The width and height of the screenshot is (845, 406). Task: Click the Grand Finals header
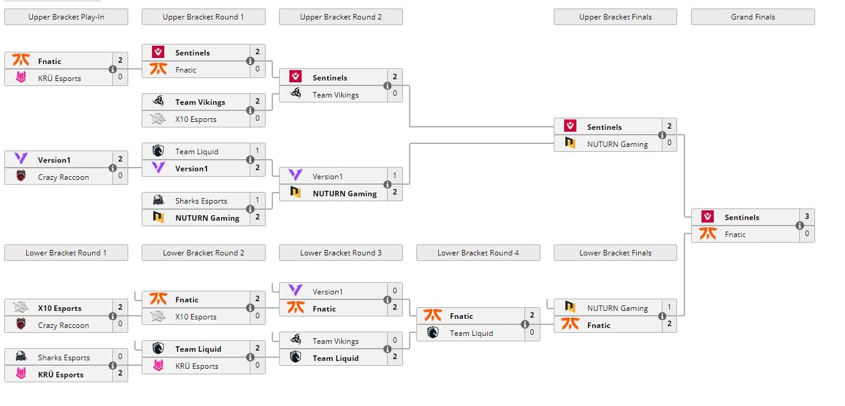(x=752, y=17)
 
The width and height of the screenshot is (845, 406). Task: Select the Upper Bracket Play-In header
(x=66, y=17)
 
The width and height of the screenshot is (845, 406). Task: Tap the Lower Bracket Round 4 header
(x=478, y=253)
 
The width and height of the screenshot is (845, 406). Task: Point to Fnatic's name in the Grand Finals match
(x=735, y=235)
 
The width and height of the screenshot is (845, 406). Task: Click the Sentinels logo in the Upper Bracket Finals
(x=570, y=126)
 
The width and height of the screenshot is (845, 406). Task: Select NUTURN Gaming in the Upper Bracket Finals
(x=617, y=144)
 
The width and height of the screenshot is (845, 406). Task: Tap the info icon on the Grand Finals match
(x=800, y=226)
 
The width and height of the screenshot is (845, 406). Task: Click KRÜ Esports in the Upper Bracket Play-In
(x=59, y=79)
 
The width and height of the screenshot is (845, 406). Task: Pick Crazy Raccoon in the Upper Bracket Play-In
(x=63, y=177)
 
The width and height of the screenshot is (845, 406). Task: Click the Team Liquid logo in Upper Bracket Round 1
(x=158, y=151)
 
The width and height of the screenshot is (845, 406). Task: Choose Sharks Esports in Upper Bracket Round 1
(x=201, y=201)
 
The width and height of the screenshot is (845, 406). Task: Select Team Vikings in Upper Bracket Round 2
(x=335, y=95)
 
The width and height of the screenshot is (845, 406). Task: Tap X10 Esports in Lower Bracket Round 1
(x=59, y=308)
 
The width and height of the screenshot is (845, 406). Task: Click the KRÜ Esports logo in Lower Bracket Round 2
(x=158, y=366)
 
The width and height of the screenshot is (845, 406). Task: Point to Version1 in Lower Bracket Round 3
(x=327, y=292)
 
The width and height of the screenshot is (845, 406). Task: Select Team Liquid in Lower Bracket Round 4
(x=471, y=333)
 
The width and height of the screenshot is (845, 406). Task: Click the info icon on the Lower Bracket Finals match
(x=662, y=316)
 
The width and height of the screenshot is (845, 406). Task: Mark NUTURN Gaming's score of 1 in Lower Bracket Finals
(x=669, y=308)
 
